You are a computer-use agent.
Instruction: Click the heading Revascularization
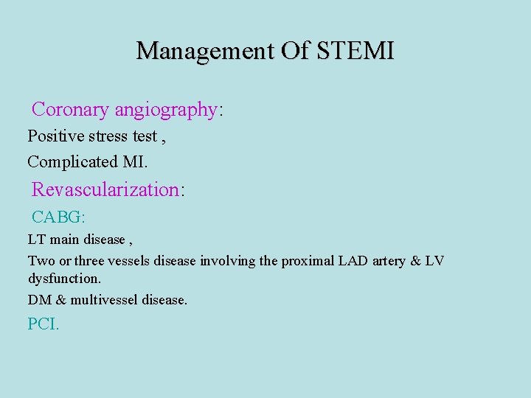click(105, 189)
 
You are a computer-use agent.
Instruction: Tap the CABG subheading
click(58, 217)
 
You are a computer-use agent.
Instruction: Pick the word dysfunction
click(63, 279)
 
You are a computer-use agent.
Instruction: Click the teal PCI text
click(43, 324)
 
